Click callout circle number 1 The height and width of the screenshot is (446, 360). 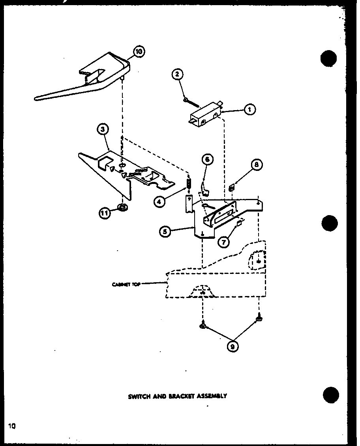[249, 110]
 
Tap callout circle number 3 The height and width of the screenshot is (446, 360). [103, 129]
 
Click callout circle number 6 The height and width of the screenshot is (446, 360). [208, 159]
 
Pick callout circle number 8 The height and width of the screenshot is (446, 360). [256, 165]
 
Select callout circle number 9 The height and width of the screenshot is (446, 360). [232, 346]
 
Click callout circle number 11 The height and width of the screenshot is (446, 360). [105, 213]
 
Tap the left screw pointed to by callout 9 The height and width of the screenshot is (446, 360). [202, 325]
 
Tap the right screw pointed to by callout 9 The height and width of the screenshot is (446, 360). [259, 316]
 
